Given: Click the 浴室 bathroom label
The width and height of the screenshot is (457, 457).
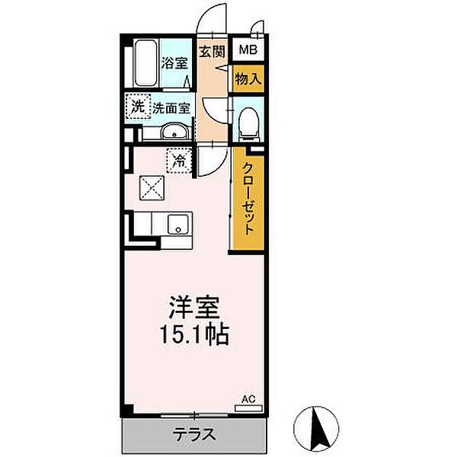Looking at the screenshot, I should tap(174, 64).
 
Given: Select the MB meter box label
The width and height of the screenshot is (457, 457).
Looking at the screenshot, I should tap(248, 51).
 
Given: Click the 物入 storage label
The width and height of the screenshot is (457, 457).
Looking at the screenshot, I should tap(248, 78).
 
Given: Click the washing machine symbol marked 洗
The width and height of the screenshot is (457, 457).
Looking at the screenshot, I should tap(136, 107).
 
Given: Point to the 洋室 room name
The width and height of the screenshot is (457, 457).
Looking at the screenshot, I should tap(194, 308).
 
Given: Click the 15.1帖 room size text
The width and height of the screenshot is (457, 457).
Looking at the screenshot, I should tap(194, 336).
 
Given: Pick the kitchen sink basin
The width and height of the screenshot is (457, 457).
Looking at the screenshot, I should tap(178, 225).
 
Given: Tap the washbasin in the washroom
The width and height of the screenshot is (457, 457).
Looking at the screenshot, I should tap(175, 132).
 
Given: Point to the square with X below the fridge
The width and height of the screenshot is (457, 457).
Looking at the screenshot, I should tap(149, 186).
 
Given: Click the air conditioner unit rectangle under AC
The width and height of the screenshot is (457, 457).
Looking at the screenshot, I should tap(248, 407).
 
